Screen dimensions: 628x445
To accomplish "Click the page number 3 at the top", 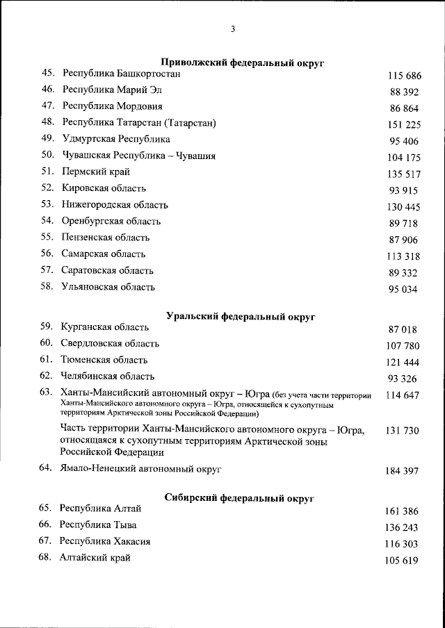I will click(233, 29).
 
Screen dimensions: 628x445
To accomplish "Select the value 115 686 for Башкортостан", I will click(405, 75).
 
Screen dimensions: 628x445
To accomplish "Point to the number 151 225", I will click(405, 125).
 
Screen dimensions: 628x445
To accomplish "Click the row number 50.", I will click(48, 156).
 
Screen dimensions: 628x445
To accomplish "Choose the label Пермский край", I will click(96, 172).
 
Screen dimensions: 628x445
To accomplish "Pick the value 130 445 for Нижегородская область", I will click(403, 207).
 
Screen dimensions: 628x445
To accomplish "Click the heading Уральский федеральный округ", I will click(241, 317).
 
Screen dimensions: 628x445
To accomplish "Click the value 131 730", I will click(403, 431).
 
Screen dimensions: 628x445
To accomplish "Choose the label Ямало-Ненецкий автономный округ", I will click(140, 470).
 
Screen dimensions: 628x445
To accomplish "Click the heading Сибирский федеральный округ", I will click(241, 498).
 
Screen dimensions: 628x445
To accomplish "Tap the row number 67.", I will click(46, 541).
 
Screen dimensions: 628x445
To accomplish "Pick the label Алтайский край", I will click(95, 558).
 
